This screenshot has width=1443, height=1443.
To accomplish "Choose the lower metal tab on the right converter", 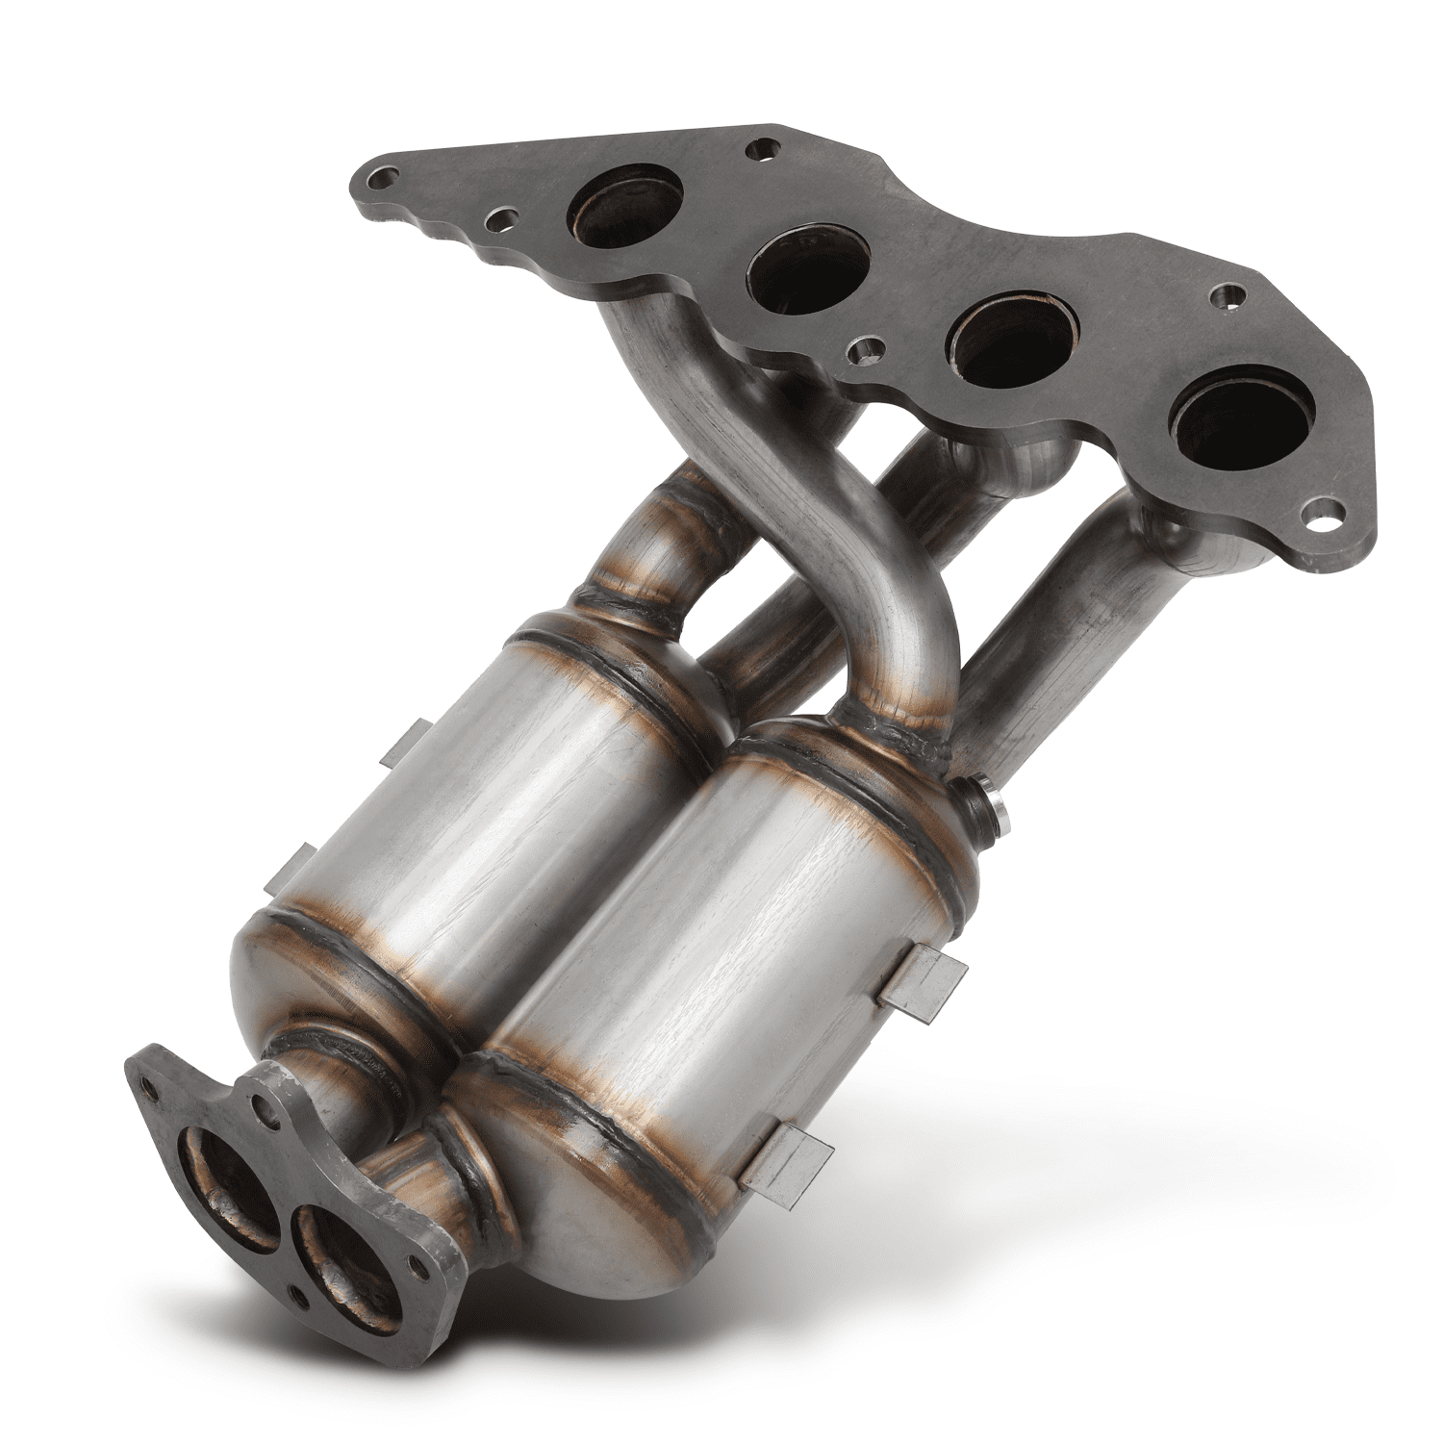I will (x=789, y=1154).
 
